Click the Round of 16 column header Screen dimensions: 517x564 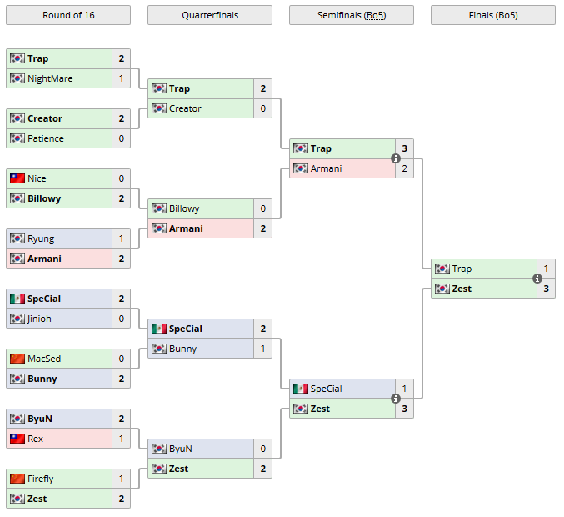(x=67, y=15)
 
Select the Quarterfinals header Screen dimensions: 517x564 (x=209, y=15)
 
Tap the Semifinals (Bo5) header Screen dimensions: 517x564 (x=351, y=15)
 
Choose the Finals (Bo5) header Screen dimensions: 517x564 (x=492, y=15)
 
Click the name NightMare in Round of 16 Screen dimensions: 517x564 (x=50, y=78)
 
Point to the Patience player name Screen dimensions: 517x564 (x=46, y=138)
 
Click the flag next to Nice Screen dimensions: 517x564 (x=17, y=178)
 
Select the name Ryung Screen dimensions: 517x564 (x=41, y=238)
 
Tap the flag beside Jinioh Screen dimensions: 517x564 (x=17, y=319)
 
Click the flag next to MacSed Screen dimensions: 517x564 (x=17, y=359)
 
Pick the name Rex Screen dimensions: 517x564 (x=36, y=439)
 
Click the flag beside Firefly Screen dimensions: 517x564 (x=17, y=479)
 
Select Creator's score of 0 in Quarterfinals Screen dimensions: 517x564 (x=263, y=108)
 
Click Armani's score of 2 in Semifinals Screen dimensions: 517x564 (x=405, y=168)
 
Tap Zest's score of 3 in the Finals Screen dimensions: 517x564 (x=547, y=289)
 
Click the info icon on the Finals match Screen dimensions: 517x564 (x=537, y=279)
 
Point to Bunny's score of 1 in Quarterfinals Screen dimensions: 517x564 (x=263, y=349)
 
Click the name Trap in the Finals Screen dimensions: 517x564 (x=462, y=269)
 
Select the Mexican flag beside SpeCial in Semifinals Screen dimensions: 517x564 (x=300, y=389)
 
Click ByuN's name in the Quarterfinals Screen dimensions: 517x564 (x=181, y=449)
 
